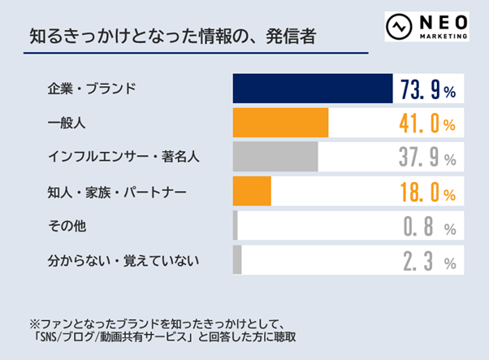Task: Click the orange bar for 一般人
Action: coord(280,123)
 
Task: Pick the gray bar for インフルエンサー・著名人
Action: coord(275,157)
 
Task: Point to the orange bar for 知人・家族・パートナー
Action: coord(252,191)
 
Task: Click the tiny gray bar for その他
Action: coord(236,225)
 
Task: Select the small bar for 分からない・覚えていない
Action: coord(237,260)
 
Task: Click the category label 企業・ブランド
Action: coord(90,89)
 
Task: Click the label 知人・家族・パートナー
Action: coord(117,192)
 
